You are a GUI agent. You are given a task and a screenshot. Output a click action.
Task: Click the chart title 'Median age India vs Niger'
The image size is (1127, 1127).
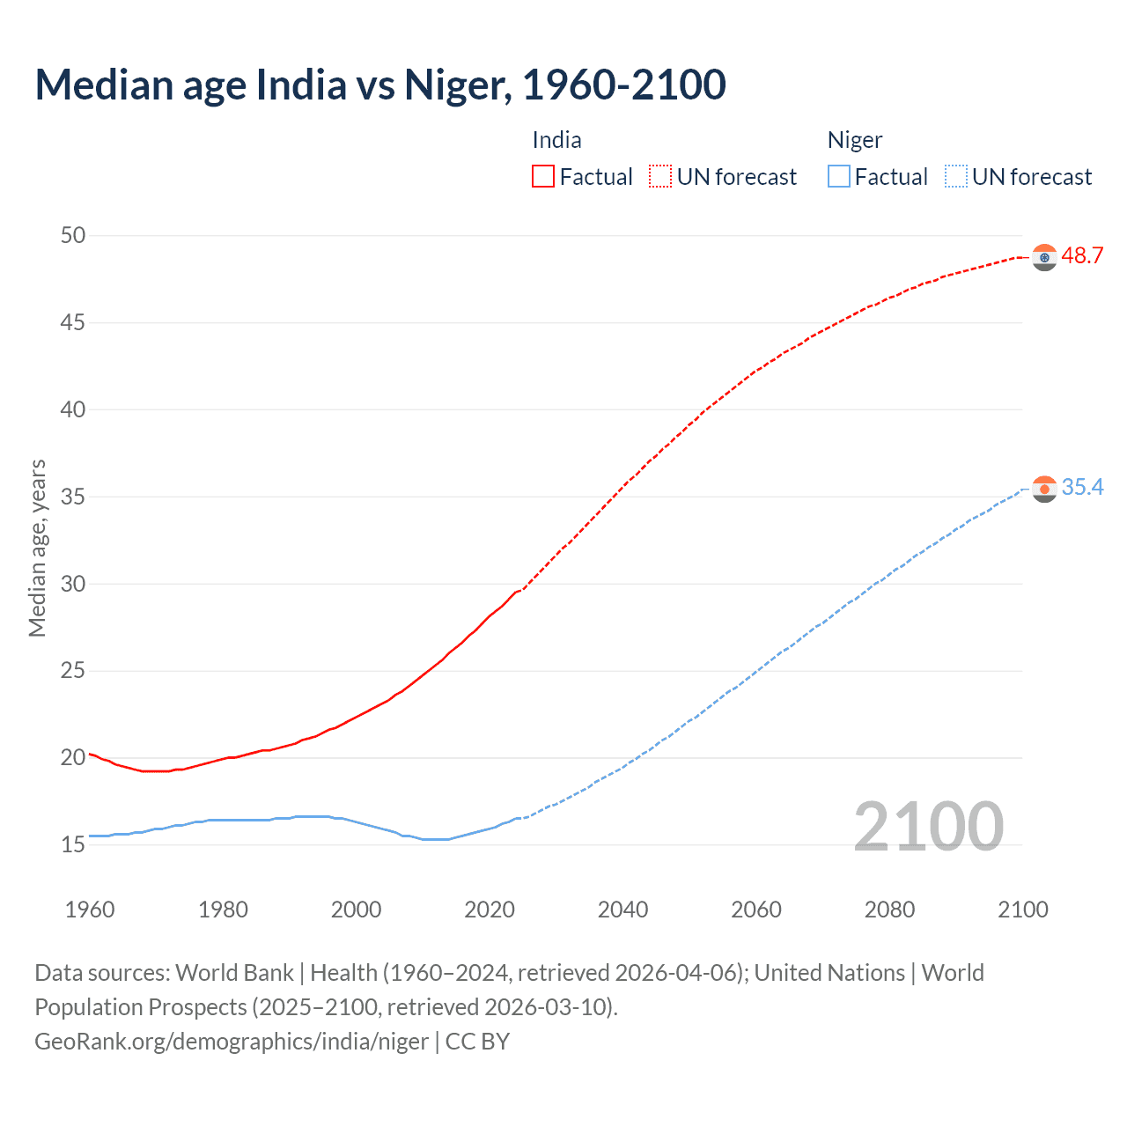(x=380, y=85)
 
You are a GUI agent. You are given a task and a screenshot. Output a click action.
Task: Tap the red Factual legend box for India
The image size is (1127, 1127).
(x=543, y=176)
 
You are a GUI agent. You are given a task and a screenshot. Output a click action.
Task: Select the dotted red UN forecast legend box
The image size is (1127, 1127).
(x=660, y=176)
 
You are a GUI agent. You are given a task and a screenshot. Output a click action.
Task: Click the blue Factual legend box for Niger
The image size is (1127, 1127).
(x=838, y=176)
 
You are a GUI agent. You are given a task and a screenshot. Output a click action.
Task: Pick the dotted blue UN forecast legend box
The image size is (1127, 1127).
(x=955, y=176)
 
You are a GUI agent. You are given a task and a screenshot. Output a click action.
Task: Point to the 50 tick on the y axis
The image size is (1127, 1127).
(x=73, y=235)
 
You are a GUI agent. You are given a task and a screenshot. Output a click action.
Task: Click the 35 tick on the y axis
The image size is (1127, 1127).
(x=73, y=497)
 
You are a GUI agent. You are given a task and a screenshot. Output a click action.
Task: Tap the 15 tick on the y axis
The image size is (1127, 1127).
(x=73, y=845)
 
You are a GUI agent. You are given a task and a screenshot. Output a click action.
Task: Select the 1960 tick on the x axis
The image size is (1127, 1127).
(x=90, y=910)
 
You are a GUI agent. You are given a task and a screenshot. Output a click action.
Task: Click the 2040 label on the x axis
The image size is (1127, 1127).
(x=622, y=910)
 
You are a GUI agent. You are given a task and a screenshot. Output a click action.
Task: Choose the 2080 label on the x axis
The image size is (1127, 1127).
(x=889, y=910)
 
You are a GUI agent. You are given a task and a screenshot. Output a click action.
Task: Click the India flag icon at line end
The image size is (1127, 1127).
(x=1044, y=257)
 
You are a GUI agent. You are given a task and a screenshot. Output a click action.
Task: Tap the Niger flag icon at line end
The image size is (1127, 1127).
(x=1044, y=489)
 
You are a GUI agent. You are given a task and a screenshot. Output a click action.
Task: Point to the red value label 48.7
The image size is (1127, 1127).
(x=1082, y=256)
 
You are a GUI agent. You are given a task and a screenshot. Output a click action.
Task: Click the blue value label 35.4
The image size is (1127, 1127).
(x=1082, y=488)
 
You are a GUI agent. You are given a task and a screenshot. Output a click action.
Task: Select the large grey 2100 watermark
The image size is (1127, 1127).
(x=928, y=826)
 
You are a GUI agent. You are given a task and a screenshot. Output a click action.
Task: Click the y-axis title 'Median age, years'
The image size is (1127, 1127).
(x=37, y=548)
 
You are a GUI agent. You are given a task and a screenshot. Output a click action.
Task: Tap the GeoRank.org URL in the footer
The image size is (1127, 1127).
(x=232, y=1041)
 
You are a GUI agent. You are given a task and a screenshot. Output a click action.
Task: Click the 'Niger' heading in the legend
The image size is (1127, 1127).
(x=854, y=140)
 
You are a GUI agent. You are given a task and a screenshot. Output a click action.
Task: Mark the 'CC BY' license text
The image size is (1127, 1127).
(x=477, y=1041)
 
